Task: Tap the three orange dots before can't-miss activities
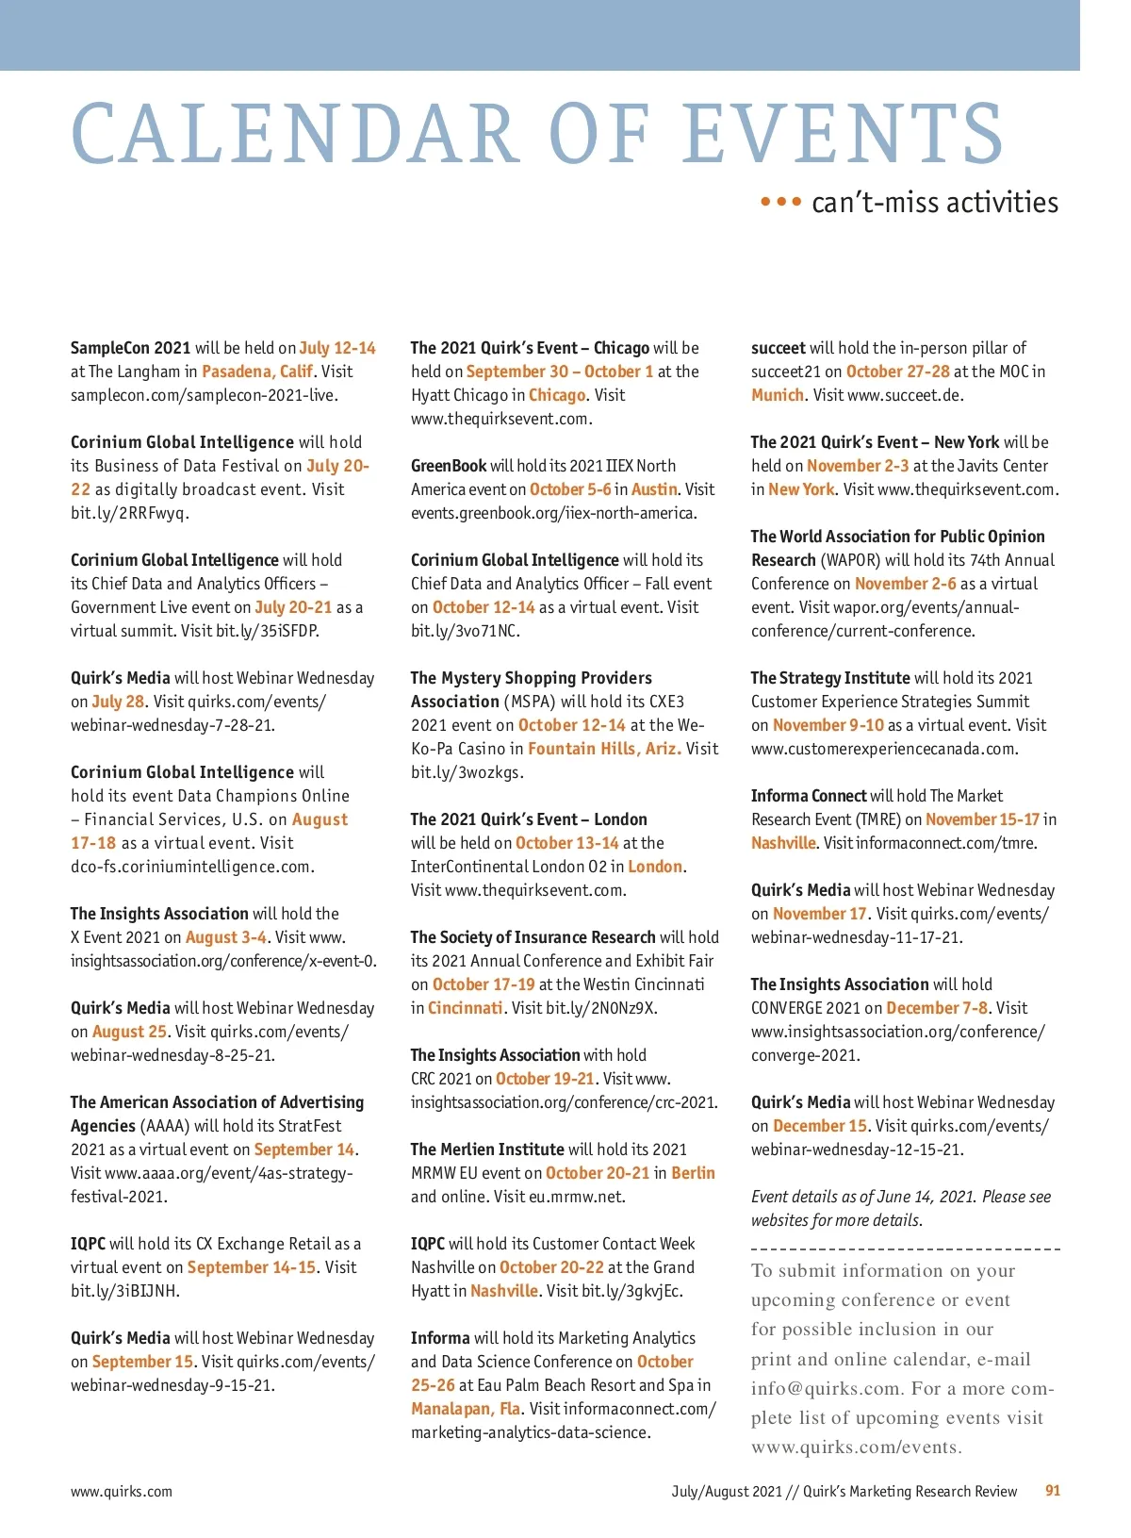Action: [780, 202]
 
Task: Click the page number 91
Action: [1053, 1491]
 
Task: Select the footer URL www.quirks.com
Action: [122, 1492]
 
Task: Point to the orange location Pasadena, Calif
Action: [257, 372]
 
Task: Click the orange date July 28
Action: [118, 702]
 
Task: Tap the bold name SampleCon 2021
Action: [130, 348]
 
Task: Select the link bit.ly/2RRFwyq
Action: [130, 513]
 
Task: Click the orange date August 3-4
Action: [226, 937]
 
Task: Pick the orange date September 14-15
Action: [252, 1267]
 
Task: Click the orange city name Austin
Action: [654, 489]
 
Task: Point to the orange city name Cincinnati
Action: [465, 1008]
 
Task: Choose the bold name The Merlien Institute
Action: [487, 1149]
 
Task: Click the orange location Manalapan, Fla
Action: [466, 1409]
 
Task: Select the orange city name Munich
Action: [778, 395]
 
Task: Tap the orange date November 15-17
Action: [982, 819]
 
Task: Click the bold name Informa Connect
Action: [808, 796]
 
